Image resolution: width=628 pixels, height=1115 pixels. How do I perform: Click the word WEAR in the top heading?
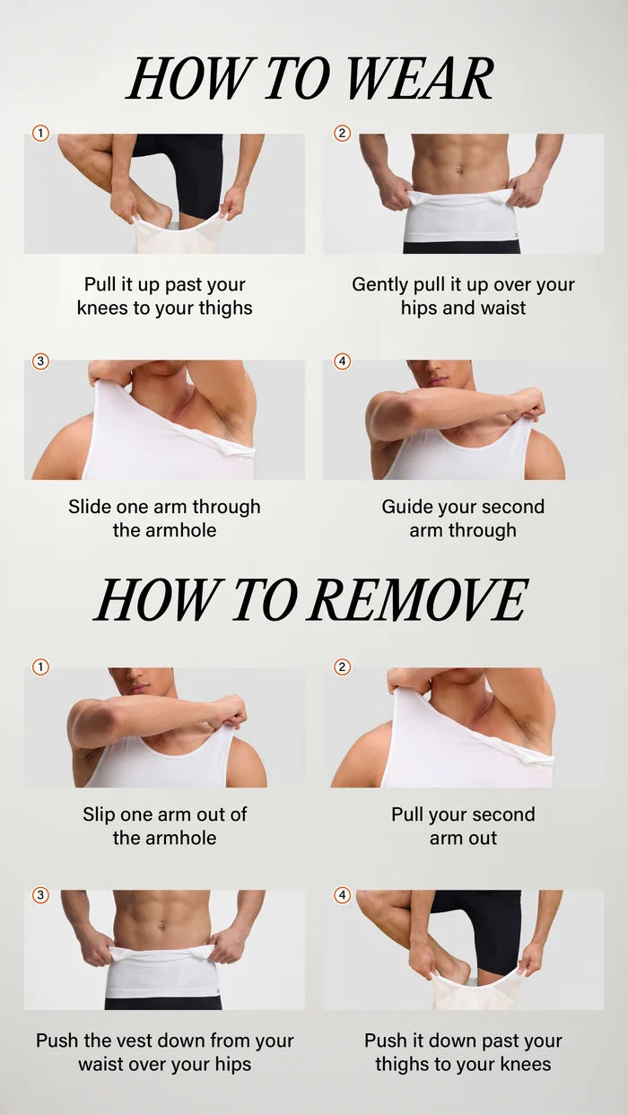tap(419, 79)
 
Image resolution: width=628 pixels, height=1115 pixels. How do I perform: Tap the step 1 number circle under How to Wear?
tap(41, 134)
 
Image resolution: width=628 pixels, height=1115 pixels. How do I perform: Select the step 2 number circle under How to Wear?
tap(342, 134)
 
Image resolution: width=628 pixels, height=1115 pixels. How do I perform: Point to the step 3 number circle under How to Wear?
tap(41, 361)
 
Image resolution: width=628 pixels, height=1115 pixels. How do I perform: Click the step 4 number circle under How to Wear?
tap(342, 361)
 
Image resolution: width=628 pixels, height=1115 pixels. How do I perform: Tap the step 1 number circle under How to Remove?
tap(41, 667)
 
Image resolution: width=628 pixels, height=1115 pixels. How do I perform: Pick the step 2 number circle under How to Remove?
tap(342, 667)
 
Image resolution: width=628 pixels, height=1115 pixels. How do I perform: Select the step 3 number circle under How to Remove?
tap(41, 895)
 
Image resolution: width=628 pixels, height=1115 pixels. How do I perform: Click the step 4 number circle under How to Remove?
tap(342, 895)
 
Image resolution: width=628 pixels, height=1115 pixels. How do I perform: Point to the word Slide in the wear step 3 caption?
tap(90, 507)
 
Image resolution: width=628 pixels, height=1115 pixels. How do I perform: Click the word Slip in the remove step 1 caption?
tap(99, 814)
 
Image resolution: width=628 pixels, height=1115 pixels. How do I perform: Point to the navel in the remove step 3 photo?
tap(161, 928)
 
